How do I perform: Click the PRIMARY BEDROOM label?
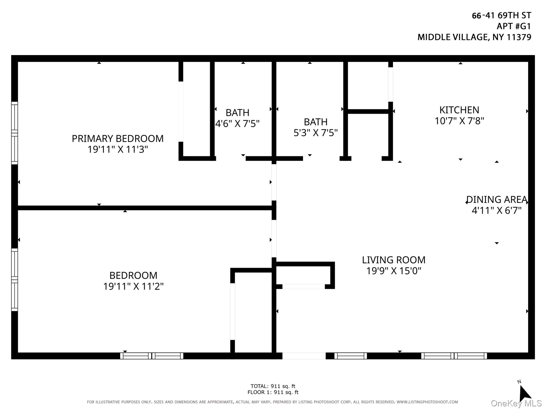(x=118, y=139)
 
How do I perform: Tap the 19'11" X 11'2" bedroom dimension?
(x=133, y=286)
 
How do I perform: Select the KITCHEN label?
(x=459, y=110)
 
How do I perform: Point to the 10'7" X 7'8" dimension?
(x=459, y=121)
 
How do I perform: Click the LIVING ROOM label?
(x=394, y=260)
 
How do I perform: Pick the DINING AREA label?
(x=497, y=199)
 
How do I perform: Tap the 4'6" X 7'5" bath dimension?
(x=237, y=124)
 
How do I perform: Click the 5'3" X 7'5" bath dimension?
(x=316, y=133)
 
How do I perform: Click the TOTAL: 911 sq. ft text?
(x=273, y=386)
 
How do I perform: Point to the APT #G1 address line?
(x=514, y=26)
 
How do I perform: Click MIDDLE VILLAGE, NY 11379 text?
(x=474, y=37)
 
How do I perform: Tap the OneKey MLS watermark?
(x=516, y=404)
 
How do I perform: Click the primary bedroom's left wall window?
(x=15, y=133)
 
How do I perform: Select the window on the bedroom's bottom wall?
(x=152, y=356)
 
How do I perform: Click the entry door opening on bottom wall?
(x=304, y=356)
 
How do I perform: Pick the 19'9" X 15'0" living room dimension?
(x=394, y=271)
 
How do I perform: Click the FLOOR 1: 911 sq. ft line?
(x=273, y=392)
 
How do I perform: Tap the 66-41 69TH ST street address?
(x=501, y=15)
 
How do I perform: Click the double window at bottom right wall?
(x=454, y=356)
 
